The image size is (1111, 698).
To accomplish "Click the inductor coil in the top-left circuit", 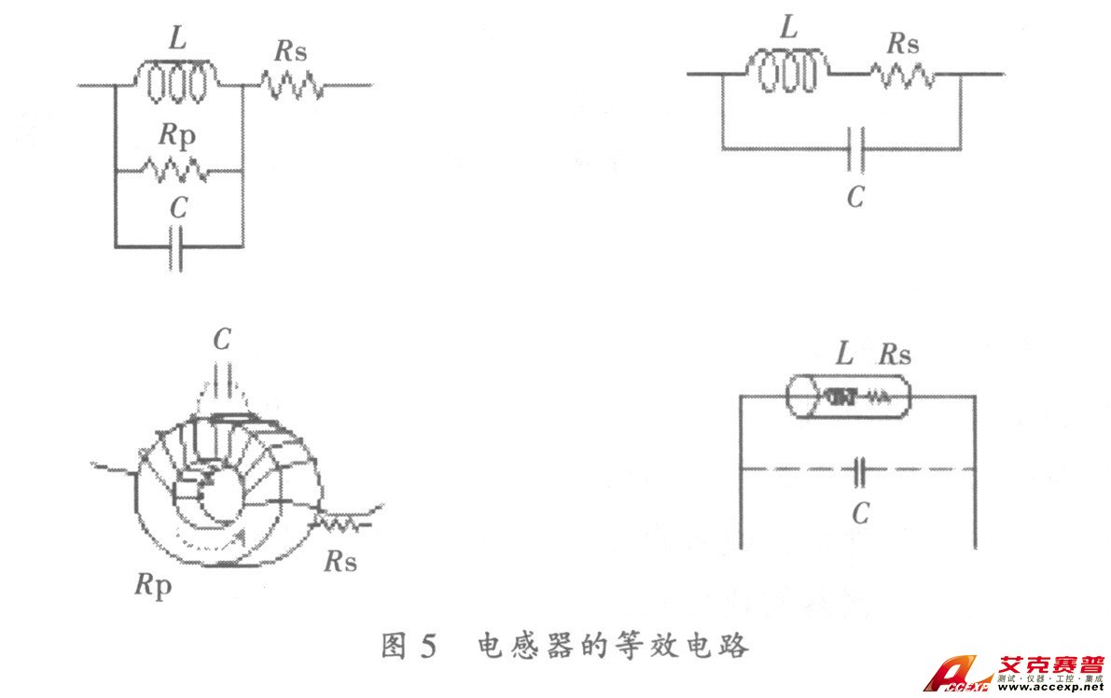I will (x=177, y=82).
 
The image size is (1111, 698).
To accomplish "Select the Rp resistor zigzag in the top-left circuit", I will (x=176, y=171).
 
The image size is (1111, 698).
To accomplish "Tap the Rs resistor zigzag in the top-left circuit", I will (x=292, y=86).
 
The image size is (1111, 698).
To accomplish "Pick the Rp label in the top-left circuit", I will (x=177, y=135).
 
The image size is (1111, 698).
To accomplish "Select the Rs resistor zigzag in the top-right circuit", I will (x=902, y=74).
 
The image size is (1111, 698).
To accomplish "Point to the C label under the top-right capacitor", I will (x=855, y=196).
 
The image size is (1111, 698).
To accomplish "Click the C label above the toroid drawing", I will (x=221, y=340).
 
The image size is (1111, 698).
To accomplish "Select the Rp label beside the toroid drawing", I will (x=154, y=586).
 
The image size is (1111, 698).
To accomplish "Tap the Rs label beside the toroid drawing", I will (x=341, y=562).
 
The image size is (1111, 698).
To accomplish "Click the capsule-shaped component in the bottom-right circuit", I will (x=846, y=396).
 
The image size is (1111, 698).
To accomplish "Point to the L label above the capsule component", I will (x=843, y=354).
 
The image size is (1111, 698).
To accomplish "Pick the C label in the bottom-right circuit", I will (x=860, y=512).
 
